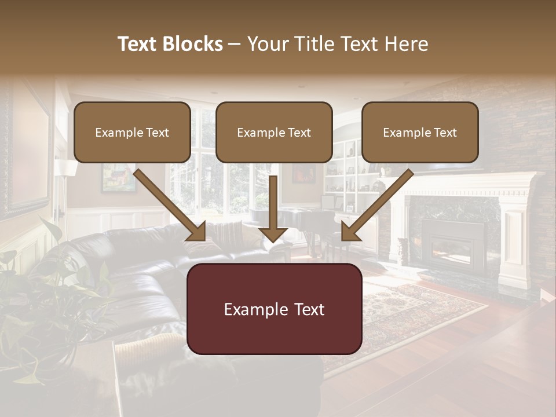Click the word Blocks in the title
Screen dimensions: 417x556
[x=192, y=44]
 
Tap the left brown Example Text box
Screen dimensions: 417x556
[x=132, y=132]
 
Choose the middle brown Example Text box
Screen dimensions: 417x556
[x=274, y=132]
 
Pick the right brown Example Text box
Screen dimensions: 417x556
[x=420, y=132]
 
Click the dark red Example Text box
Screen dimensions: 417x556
[x=274, y=309]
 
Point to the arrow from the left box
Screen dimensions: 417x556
[x=171, y=206]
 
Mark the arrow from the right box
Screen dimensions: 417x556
[x=376, y=206]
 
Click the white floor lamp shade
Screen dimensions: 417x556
[x=67, y=168]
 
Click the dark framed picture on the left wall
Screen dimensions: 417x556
[x=26, y=151]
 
